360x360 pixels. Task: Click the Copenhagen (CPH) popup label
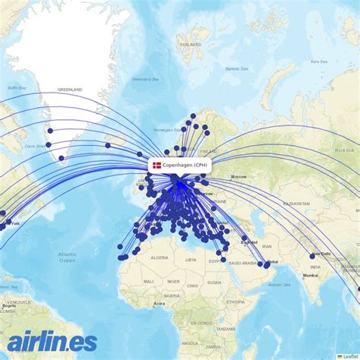[185, 165]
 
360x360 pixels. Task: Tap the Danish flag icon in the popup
[156, 165]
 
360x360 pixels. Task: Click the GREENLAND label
[69, 90]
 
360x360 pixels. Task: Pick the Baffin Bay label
[17, 88]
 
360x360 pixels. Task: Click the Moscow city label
[240, 177]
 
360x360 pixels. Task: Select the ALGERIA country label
[159, 257]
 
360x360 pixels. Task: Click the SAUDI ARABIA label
[242, 263]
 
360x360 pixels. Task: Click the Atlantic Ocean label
[67, 257]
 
